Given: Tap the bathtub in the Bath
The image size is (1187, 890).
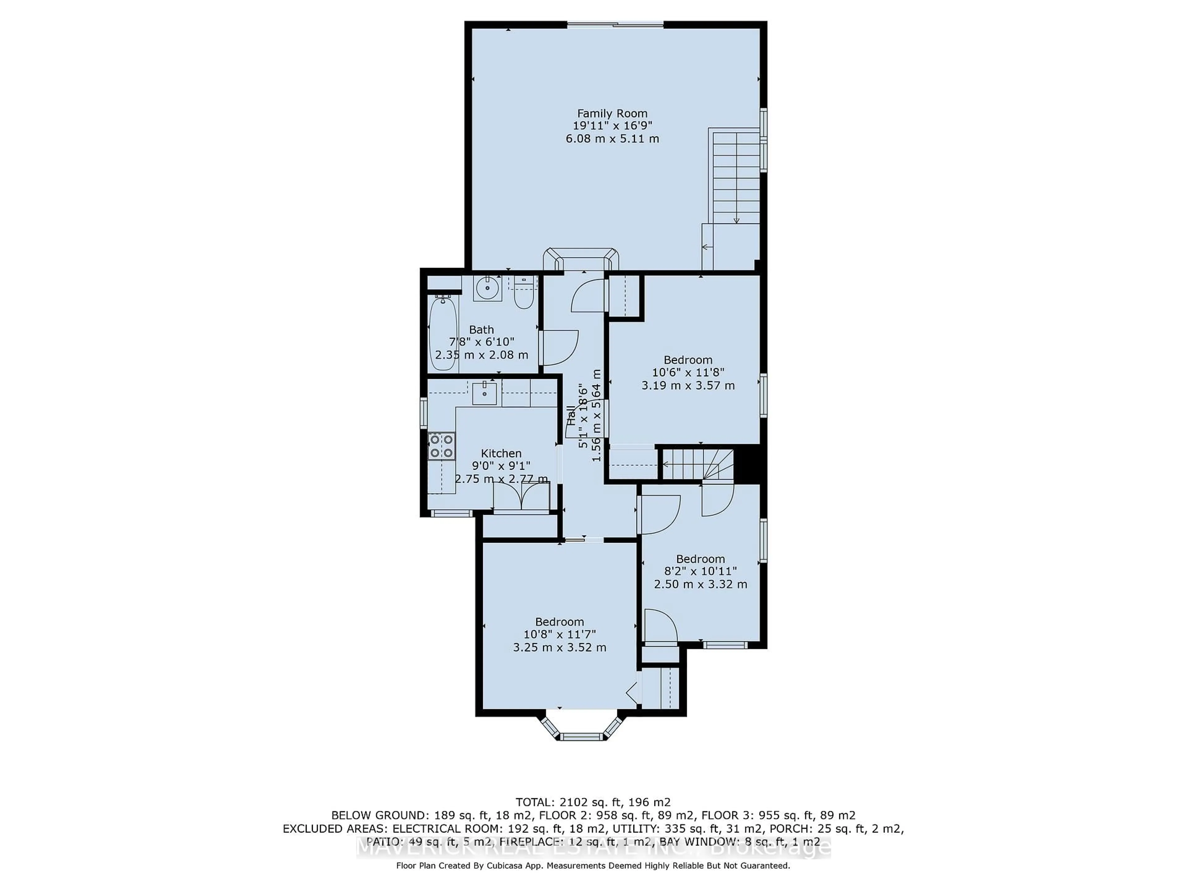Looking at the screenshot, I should pos(443,334).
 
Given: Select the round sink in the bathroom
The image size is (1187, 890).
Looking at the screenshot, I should pos(487,289).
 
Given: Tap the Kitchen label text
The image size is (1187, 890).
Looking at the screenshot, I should pos(501,453).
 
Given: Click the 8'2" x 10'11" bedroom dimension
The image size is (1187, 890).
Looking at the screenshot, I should pos(700,571).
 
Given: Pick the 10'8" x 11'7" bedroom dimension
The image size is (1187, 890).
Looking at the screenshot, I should pos(559,634).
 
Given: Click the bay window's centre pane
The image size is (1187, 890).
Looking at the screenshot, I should pos(583,737).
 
